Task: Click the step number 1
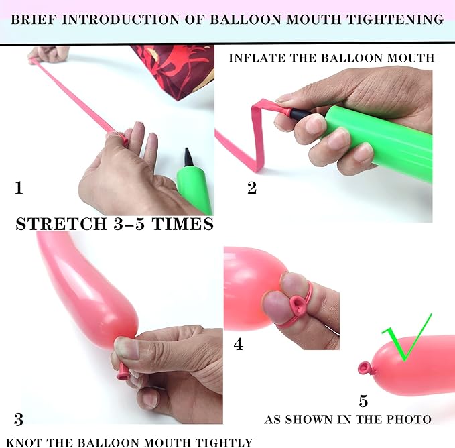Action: coord(19,188)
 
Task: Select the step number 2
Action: coord(252,188)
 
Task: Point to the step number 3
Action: coord(19,419)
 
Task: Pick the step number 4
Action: coord(239,344)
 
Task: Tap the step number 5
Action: coord(363,401)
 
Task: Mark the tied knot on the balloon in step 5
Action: coord(365,368)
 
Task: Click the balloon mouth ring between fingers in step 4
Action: coord(298,305)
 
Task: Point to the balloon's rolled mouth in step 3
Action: coord(123,373)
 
